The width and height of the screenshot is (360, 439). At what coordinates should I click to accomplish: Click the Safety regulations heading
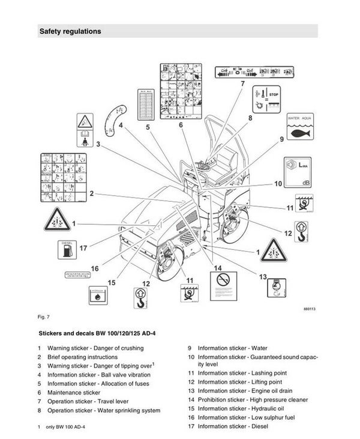(x=70, y=31)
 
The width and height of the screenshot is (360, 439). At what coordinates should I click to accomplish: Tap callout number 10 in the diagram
(x=278, y=184)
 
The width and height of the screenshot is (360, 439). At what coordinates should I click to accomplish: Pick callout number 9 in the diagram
(x=281, y=139)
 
